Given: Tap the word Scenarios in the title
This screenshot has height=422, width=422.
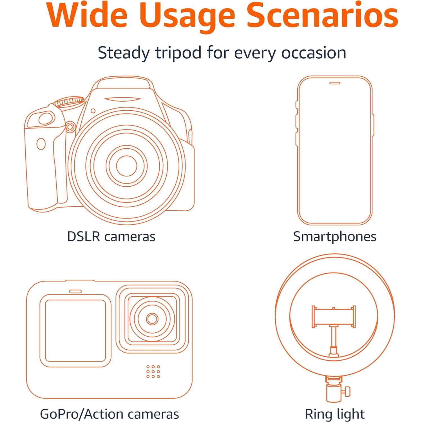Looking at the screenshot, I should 322,15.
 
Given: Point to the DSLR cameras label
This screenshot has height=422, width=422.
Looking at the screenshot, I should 111,236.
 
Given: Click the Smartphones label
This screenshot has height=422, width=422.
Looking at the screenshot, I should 335,236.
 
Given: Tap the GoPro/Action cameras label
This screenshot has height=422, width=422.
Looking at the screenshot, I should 110,414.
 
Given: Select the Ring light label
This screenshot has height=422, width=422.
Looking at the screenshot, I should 335,414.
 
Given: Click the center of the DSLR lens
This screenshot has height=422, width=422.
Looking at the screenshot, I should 126,166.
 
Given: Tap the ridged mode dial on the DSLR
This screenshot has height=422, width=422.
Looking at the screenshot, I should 69,101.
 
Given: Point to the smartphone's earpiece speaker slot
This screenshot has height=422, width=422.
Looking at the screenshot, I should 335,83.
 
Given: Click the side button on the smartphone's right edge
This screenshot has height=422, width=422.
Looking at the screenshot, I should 373,125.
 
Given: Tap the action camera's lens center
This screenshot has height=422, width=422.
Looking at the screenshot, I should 152,319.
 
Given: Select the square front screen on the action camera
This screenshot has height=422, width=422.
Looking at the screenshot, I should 75,331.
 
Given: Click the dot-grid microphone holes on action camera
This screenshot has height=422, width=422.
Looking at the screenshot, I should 153,372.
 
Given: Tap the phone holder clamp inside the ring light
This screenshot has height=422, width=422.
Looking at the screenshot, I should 334,316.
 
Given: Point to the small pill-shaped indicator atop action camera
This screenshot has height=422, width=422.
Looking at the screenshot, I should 75,291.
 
